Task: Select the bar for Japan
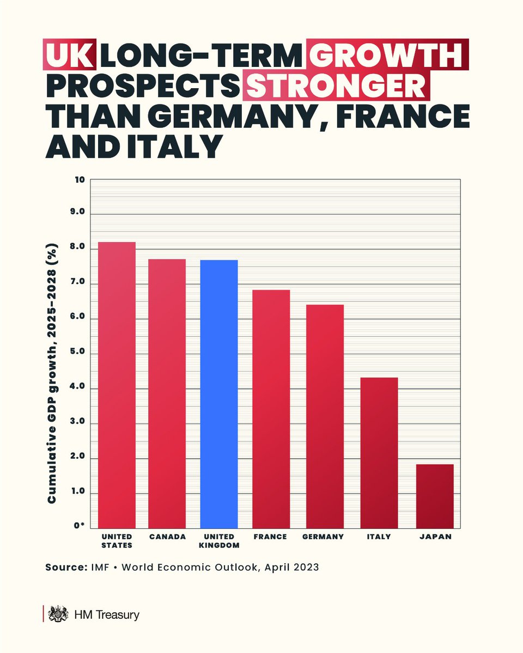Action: [x=435, y=496]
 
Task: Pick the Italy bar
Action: [x=379, y=452]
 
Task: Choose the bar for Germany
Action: [x=325, y=416]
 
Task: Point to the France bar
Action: [x=271, y=409]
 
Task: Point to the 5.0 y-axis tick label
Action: [x=78, y=354]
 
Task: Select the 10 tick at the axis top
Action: [x=80, y=180]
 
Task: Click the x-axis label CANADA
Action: [x=167, y=537]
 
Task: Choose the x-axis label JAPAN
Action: [x=435, y=537]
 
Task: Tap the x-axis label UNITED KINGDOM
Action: [x=219, y=540]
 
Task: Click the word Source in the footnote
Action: [x=64, y=568]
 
